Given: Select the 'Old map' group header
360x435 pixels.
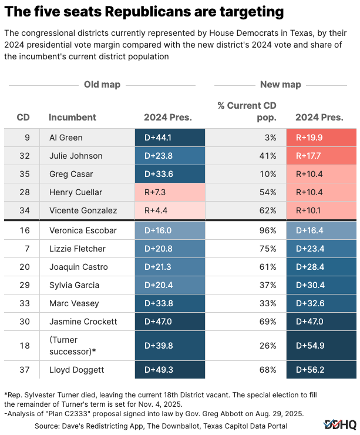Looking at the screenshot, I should tap(102, 85).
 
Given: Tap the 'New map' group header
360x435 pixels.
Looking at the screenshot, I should tap(280, 85).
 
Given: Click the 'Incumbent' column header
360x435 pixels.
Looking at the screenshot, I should tap(72, 117).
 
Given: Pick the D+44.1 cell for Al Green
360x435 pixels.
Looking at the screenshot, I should tap(170, 138).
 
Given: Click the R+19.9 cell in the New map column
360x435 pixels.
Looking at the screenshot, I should tap(321, 138).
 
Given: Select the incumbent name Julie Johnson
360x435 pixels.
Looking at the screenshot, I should tap(76, 156).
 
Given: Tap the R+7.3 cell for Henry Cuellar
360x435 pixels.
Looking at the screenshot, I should tap(170, 192).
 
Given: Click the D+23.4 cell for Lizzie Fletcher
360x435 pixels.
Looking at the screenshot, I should tap(321, 249).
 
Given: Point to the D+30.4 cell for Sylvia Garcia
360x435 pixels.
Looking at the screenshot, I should tap(321, 285).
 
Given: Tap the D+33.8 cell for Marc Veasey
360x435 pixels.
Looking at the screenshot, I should tap(170, 303).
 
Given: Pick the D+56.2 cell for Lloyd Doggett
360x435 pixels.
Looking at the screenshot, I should tap(321, 369).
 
